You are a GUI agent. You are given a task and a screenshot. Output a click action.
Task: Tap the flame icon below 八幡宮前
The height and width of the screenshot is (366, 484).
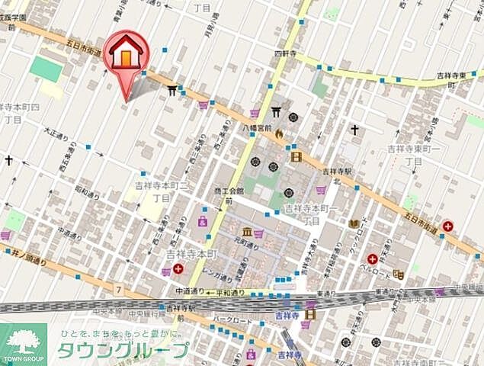[279, 135]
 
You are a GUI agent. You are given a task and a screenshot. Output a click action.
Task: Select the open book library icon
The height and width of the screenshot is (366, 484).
[354, 223]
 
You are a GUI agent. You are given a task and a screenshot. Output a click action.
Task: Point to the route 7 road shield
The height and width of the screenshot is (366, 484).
[119, 288]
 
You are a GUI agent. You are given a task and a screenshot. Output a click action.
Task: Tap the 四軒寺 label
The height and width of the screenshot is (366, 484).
[284, 54]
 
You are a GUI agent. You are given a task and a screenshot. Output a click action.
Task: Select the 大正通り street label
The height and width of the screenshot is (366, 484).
[56, 133]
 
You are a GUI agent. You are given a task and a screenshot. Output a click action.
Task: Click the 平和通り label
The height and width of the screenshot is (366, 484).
[231, 292]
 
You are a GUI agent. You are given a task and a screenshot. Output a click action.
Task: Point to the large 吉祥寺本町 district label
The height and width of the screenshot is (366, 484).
[193, 253]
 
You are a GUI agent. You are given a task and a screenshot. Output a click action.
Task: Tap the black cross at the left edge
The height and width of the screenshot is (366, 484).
[8, 160]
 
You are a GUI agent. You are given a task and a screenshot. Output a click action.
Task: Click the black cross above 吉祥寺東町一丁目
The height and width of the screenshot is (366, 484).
[354, 130]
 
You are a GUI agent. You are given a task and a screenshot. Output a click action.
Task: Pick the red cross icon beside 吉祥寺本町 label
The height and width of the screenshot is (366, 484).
[178, 268]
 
